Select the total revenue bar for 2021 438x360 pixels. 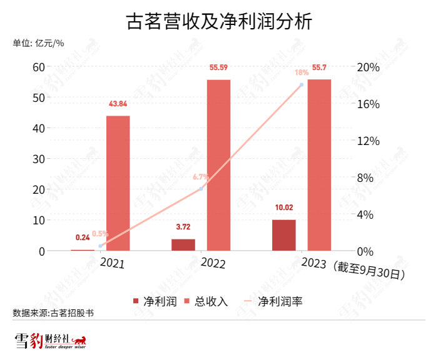(118, 183)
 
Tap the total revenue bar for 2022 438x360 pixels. (218, 165)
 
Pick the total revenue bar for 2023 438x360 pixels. (319, 165)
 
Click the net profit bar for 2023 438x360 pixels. (283, 235)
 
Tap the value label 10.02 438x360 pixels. (283, 208)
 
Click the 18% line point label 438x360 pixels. (302, 72)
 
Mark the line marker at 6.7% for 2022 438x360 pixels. (201, 189)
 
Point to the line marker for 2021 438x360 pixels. (100, 246)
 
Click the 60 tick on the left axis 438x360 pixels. (38, 67)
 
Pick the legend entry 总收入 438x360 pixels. (206, 301)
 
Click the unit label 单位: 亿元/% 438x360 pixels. (38, 43)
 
